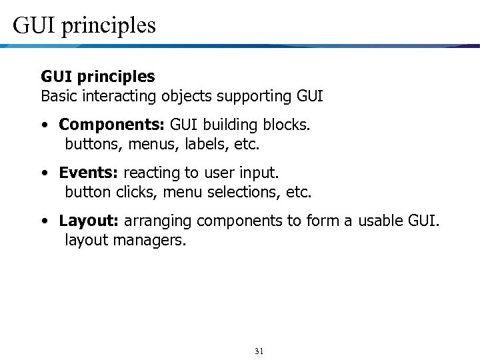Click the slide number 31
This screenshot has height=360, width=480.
pyautogui.click(x=259, y=351)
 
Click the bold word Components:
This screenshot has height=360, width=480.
pyautogui.click(x=113, y=125)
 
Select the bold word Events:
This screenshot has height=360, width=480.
pyautogui.click(x=89, y=173)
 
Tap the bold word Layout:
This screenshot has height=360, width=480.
pyautogui.click(x=89, y=221)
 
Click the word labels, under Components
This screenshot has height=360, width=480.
pyautogui.click(x=204, y=144)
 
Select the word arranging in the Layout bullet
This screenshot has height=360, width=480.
pyautogui.click(x=157, y=221)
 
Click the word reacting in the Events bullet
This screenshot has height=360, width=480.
pyautogui.click(x=152, y=173)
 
